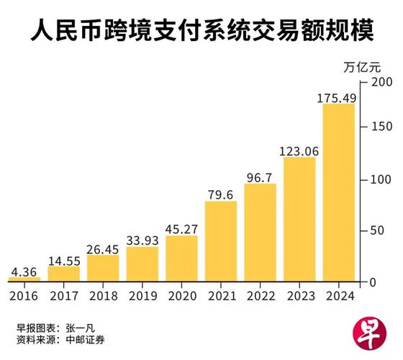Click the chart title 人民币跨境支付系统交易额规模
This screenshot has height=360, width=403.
(201, 32)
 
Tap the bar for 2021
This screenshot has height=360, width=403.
(221, 240)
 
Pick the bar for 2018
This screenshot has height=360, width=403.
(103, 267)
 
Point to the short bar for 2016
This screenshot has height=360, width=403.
(24, 278)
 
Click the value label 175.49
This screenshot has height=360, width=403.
(338, 96)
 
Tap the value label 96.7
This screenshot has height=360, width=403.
(260, 176)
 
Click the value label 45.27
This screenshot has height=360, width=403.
(181, 228)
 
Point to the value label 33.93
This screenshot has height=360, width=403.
(142, 240)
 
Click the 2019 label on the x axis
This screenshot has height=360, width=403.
(142, 295)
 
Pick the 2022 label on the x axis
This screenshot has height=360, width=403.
(260, 295)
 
